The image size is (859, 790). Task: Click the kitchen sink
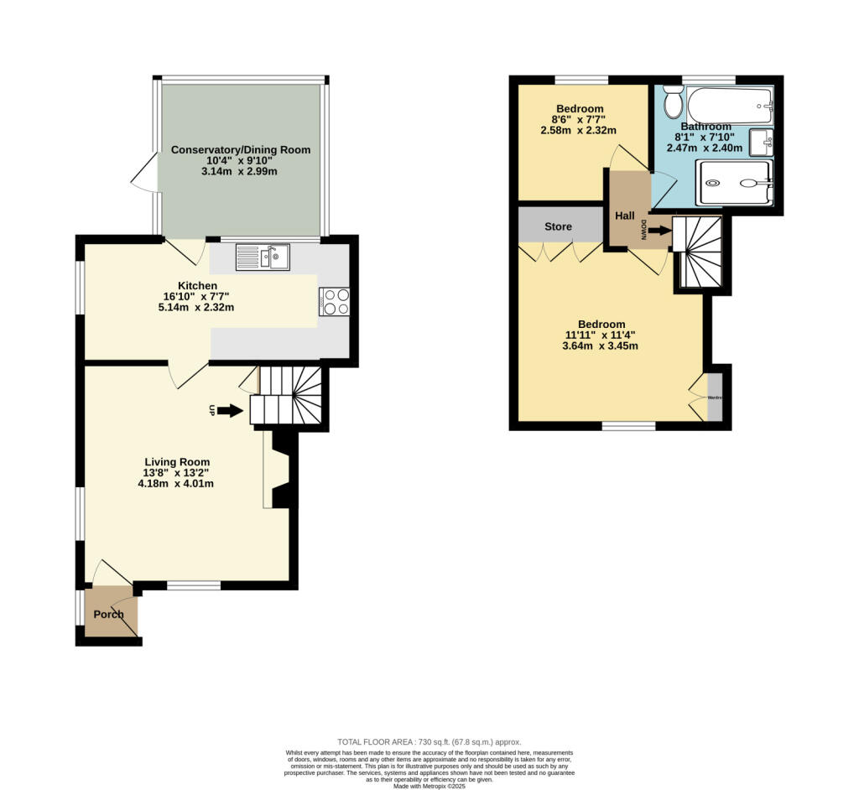click(x=263, y=257)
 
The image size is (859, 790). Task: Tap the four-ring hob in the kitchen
click(x=334, y=302)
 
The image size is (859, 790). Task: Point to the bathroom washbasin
click(x=761, y=143)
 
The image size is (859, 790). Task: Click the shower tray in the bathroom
click(x=735, y=183)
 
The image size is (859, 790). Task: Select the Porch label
click(x=109, y=614)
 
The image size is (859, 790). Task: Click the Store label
click(x=558, y=226)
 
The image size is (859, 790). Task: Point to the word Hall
click(x=625, y=216)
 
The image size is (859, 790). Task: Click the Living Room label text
click(x=177, y=462)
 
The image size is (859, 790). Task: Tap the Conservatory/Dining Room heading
click(x=241, y=150)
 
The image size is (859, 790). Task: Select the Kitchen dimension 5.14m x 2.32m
click(x=197, y=308)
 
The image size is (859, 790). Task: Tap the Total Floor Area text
click(x=429, y=741)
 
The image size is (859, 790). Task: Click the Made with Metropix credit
click(x=429, y=785)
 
